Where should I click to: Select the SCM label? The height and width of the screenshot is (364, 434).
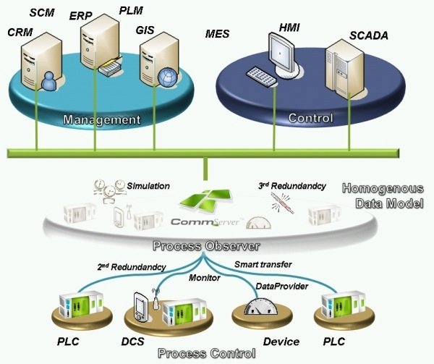pyautogui.click(x=43, y=12)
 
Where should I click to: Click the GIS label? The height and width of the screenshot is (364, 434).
pyautogui.click(x=147, y=30)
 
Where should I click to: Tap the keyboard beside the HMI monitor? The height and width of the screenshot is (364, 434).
pyautogui.click(x=258, y=75)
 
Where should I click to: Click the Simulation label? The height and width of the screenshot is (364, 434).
pyautogui.click(x=148, y=186)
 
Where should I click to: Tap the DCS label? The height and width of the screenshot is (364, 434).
pyautogui.click(x=145, y=340)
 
